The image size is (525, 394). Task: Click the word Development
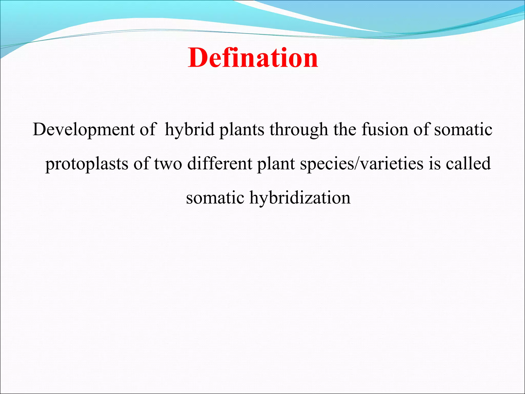(84, 130)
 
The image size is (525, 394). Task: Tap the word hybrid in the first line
(189, 130)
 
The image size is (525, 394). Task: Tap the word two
(168, 164)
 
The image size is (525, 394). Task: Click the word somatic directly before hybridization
(215, 198)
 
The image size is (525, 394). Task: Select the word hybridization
(300, 198)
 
